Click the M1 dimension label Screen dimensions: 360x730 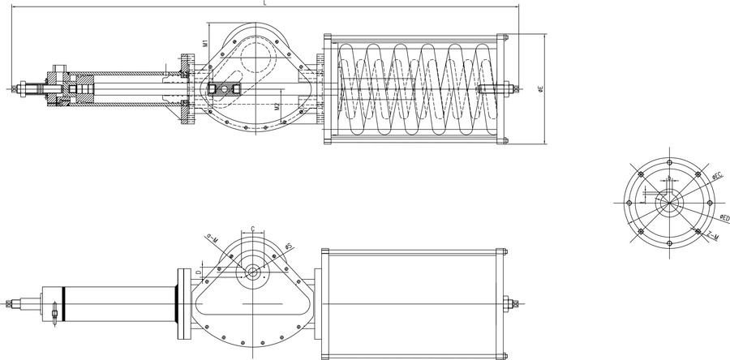(206, 37)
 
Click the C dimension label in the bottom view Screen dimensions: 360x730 (253, 229)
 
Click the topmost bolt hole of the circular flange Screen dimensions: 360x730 (668, 165)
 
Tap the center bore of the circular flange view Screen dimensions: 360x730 (668, 203)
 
